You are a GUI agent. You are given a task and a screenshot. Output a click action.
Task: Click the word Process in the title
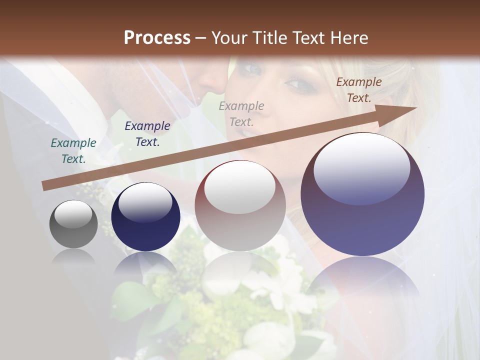pos(157,38)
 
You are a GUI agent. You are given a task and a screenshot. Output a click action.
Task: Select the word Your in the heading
pos(229,38)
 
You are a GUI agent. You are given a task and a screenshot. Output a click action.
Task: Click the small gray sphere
pos(73,224)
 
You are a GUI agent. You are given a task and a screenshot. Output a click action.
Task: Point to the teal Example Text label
pos(73,151)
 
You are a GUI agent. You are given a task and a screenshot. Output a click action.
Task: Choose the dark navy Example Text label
pos(147,134)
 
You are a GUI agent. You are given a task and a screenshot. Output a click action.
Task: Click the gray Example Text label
pos(241,113)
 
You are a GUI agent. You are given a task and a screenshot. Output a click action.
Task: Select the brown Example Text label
pos(359,90)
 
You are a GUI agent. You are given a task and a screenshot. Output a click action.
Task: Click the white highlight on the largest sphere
pos(362,167)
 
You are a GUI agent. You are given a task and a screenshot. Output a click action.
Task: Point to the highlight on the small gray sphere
pos(73,214)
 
